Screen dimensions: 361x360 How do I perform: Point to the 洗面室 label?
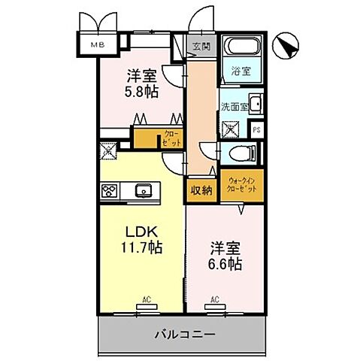click(233, 105)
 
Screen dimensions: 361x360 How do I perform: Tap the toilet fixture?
click(242, 155)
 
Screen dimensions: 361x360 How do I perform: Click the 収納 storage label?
click(201, 190)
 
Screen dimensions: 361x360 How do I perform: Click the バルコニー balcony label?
click(186, 333)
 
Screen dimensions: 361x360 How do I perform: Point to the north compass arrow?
click(287, 47)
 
